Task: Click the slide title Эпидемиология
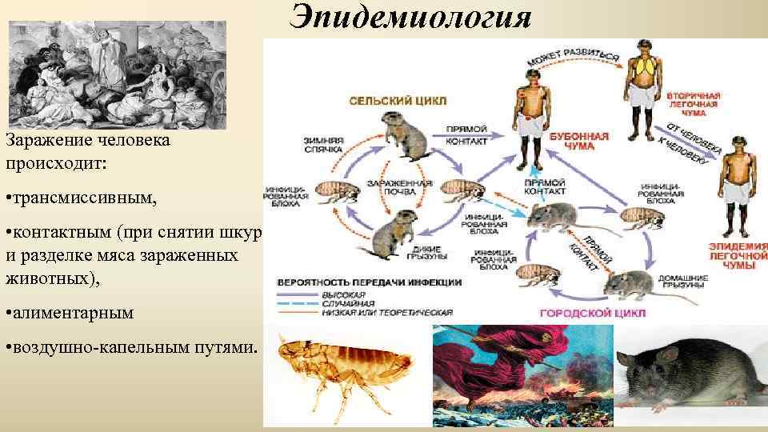pyautogui.click(x=411, y=17)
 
